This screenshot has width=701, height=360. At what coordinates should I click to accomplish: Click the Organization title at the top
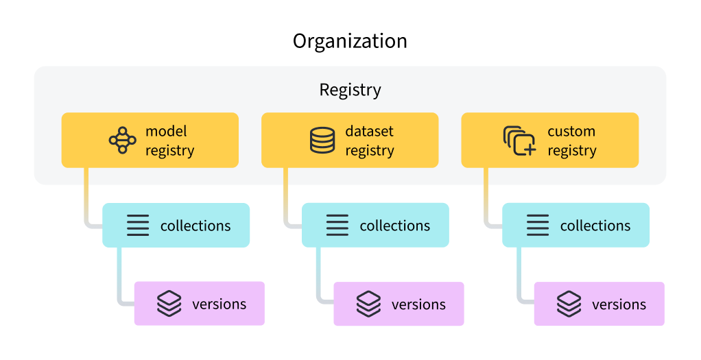350,41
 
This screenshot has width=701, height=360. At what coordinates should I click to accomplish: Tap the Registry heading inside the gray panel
350,90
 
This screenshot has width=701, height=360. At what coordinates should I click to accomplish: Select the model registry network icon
122,140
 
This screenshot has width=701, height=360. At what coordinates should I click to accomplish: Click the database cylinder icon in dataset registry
322,140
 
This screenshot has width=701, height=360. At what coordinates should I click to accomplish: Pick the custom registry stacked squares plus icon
519,140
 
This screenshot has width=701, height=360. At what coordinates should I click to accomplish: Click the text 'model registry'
169,141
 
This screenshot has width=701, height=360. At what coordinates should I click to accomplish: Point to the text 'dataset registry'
369,141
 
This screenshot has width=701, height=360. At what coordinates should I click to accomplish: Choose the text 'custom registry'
571,141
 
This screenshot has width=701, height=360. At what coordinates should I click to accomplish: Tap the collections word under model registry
195,226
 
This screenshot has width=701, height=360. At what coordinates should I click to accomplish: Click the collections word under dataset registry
395,226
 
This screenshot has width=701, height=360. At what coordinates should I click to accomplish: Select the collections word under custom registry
595,226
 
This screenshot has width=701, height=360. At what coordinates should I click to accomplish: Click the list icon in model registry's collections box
138,226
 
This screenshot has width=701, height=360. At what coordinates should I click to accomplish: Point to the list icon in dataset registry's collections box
337,226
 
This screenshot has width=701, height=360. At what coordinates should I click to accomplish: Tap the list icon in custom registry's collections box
538,226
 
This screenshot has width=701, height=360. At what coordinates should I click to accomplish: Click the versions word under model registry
219,304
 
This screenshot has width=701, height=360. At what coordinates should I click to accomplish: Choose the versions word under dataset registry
418,304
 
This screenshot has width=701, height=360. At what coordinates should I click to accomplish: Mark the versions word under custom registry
619,304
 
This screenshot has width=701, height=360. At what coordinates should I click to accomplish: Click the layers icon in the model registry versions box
169,303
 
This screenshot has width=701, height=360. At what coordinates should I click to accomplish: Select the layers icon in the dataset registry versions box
369,304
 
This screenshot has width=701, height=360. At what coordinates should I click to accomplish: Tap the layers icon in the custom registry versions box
569,304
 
